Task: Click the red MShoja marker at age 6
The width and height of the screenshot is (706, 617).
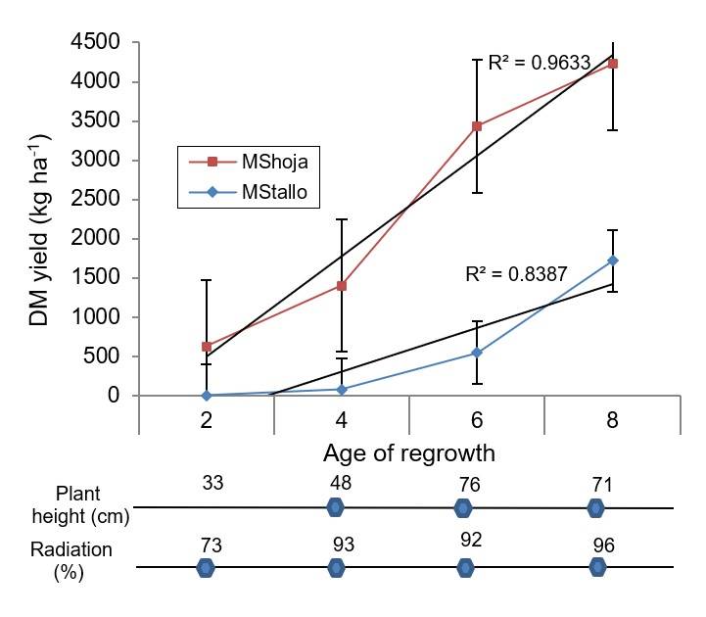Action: [x=477, y=126]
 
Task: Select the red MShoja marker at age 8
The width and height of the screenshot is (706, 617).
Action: [x=613, y=64]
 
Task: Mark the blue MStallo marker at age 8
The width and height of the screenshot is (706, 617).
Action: [x=613, y=261]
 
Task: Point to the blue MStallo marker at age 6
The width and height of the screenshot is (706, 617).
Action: [x=477, y=353]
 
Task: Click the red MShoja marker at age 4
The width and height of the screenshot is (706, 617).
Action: [x=342, y=286]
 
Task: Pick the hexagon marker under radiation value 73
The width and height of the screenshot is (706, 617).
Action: [x=206, y=567]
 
